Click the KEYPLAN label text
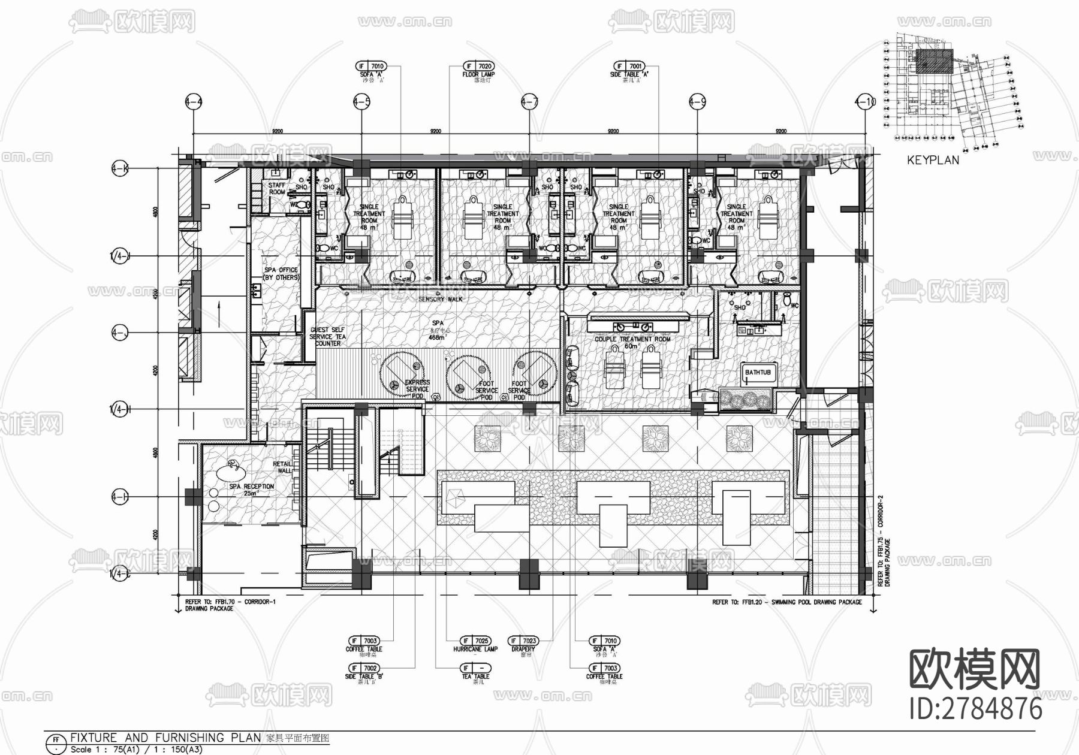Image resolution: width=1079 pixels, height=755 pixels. (933, 161)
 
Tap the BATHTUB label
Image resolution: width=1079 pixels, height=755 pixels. (758, 373)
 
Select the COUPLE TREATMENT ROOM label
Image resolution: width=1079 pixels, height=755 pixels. (632, 340)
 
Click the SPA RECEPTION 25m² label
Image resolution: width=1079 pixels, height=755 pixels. (251, 490)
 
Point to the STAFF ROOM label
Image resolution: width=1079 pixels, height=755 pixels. (276, 189)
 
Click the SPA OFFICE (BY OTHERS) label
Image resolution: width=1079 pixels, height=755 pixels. (281, 274)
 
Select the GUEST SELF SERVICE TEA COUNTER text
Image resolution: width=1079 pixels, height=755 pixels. (327, 337)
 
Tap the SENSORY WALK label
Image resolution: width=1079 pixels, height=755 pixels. (441, 299)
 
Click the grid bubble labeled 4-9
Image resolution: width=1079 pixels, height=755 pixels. (697, 102)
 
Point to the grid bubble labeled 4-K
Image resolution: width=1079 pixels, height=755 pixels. (120, 169)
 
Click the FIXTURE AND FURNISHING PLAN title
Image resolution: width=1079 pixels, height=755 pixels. (165, 738)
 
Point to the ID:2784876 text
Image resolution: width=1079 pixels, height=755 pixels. (976, 709)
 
